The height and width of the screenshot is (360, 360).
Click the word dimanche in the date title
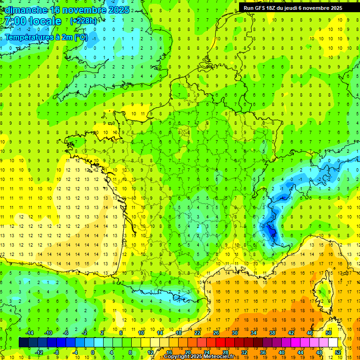pyautogui.click(x=28, y=10)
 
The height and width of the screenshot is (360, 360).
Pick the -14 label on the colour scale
pyautogui.click(x=29, y=333)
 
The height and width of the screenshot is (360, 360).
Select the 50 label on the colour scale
pyautogui.click(x=329, y=333)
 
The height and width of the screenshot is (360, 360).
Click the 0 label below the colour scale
pyautogui.click(x=93, y=352)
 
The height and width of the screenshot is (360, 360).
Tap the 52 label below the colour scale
pyautogui.click(x=338, y=352)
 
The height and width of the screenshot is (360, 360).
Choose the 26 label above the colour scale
pyautogui.click(x=216, y=333)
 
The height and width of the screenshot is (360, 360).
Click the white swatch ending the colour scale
pyautogui.click(x=333, y=343)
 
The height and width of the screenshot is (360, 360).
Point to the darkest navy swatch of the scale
pyautogui.click(x=23, y=343)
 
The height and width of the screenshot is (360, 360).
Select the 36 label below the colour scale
pyautogui.click(x=263, y=352)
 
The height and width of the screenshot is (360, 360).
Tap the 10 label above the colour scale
pyautogui.click(x=141, y=333)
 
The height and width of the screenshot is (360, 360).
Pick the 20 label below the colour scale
pyautogui.click(x=187, y=352)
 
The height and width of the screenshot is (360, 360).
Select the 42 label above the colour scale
pyautogui.click(x=291, y=333)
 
